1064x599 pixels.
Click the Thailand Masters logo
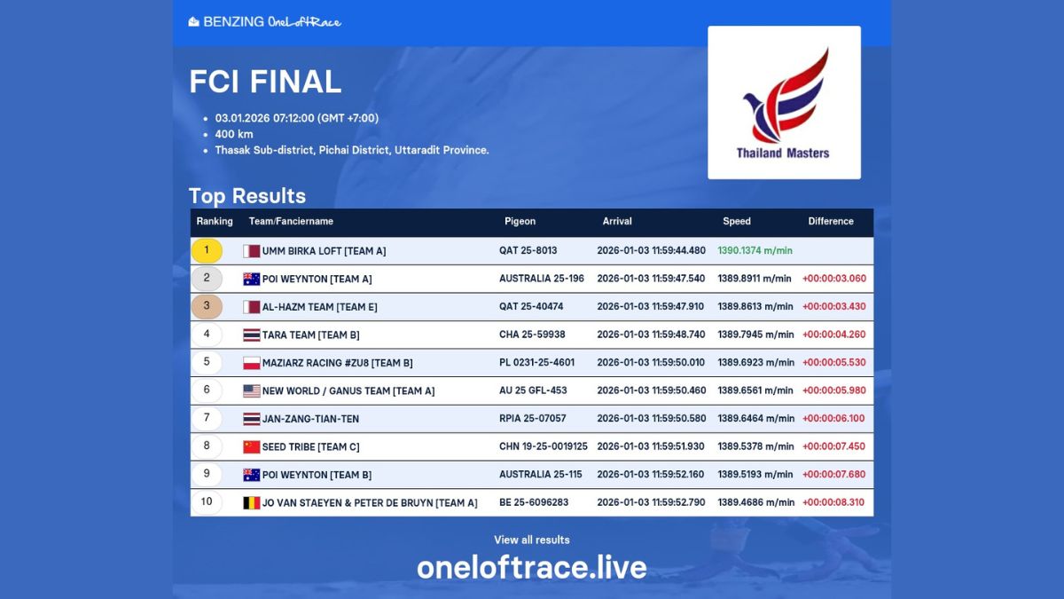pyautogui.click(x=784, y=103)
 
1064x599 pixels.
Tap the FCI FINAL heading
pyautogui.click(x=265, y=82)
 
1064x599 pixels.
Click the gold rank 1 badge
pyautogui.click(x=207, y=250)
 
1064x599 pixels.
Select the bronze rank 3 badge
pyautogui.click(x=207, y=306)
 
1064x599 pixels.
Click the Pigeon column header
pyautogui.click(x=520, y=221)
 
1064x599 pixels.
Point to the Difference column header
pyautogui.click(x=830, y=221)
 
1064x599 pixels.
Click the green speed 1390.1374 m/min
pyautogui.click(x=755, y=250)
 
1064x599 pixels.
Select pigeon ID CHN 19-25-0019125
pyautogui.click(x=543, y=446)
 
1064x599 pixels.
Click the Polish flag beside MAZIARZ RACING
pyautogui.click(x=252, y=363)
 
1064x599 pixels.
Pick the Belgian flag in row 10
pyautogui.click(x=252, y=503)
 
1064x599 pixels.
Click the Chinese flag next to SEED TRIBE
pyautogui.click(x=252, y=446)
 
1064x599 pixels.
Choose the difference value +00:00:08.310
pyautogui.click(x=833, y=502)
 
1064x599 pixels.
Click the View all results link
pyautogui.click(x=532, y=540)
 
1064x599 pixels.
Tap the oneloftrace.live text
pyautogui.click(x=532, y=568)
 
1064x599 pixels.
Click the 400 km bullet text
pyautogui.click(x=234, y=134)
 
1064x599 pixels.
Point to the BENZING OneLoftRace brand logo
pyautogui.click(x=265, y=21)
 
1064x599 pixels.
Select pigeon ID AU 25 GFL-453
pyautogui.click(x=533, y=390)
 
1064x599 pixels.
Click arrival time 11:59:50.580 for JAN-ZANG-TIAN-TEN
pyautogui.click(x=651, y=418)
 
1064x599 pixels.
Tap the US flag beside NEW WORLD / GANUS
pyautogui.click(x=252, y=390)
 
